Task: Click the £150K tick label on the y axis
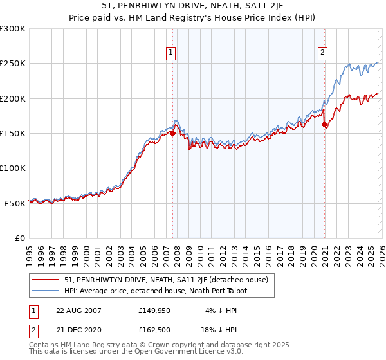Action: (x=13, y=133)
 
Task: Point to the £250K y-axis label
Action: (x=13, y=64)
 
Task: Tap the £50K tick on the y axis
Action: (x=15, y=203)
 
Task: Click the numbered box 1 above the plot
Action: (x=171, y=53)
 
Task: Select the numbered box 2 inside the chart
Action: (x=322, y=53)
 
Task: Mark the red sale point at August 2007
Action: (x=172, y=134)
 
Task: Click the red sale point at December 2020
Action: (x=324, y=125)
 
